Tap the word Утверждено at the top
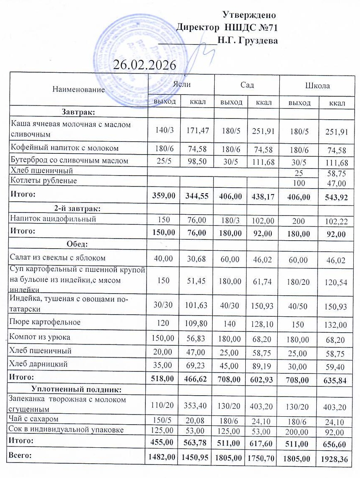tap(249, 15)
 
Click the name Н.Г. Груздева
tap(248, 41)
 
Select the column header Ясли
tap(181, 85)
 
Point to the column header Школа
tap(317, 86)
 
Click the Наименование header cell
tap(79, 89)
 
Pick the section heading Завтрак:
tap(78, 112)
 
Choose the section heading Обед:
tap(79, 244)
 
